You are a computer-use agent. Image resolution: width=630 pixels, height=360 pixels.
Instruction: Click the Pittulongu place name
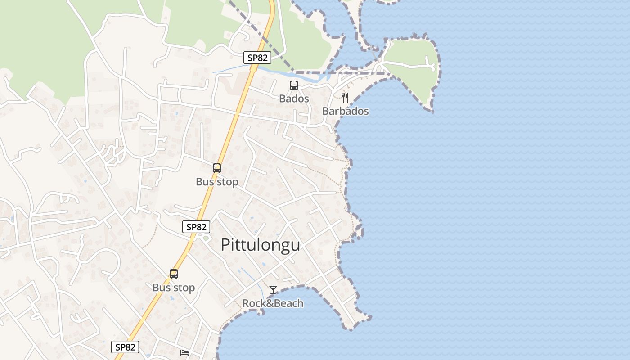260,245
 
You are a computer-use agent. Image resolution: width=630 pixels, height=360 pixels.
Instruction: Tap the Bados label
294,99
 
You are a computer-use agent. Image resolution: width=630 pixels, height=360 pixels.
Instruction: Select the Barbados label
345,111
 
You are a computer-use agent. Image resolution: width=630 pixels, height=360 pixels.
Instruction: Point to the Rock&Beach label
273,303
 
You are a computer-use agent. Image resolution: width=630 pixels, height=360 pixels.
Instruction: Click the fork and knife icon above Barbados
345,97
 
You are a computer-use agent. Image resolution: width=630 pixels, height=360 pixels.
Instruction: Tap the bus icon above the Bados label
294,85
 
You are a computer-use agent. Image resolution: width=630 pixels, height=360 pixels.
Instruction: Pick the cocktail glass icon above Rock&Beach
273,290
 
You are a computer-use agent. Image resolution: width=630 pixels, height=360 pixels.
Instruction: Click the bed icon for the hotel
184,352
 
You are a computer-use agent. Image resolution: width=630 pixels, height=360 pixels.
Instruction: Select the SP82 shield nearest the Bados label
257,58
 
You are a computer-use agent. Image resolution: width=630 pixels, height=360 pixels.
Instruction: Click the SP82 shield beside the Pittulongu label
196,227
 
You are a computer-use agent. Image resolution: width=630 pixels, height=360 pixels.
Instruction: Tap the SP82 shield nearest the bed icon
125,347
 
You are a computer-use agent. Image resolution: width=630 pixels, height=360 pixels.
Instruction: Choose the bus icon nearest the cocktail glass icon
174,274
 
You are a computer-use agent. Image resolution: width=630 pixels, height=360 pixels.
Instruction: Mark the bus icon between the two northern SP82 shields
217,168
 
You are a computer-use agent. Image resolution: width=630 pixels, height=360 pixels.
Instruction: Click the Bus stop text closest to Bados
217,182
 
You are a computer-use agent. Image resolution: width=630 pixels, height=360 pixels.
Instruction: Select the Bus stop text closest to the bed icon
174,288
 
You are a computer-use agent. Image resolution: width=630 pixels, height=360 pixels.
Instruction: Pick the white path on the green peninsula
409,65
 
